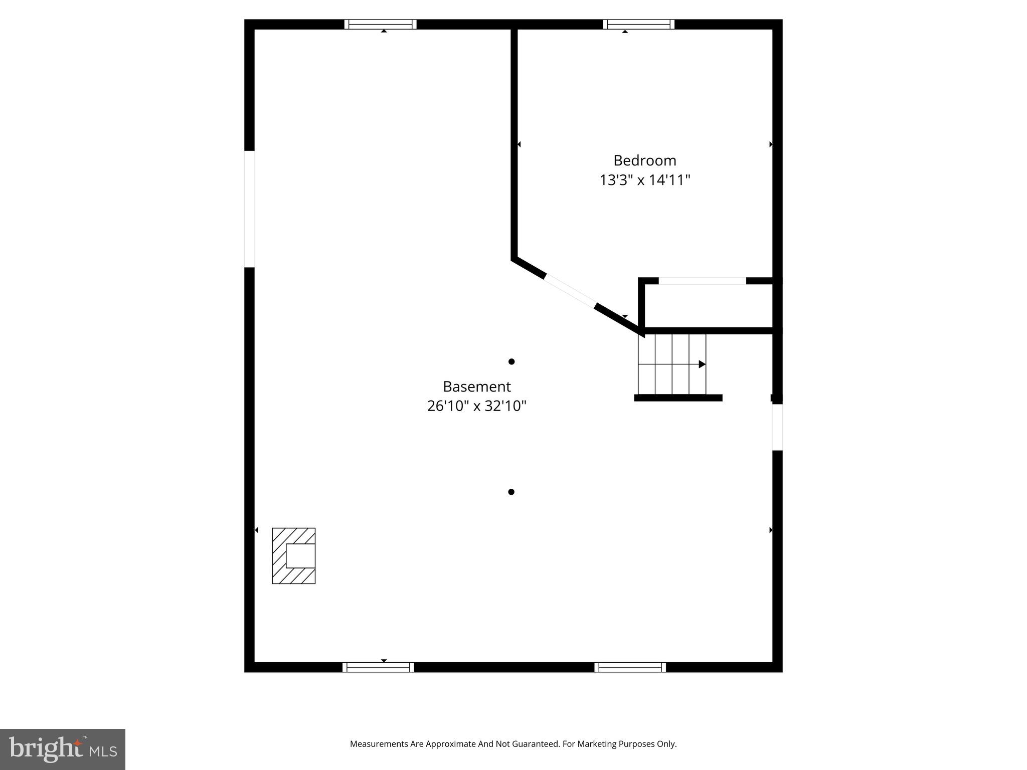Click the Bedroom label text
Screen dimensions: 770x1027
[644, 160]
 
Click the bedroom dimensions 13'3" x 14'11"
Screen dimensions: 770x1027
[644, 180]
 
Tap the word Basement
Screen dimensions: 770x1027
[476, 387]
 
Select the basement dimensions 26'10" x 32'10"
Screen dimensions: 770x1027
[476, 406]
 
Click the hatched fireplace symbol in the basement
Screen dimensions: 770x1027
[293, 555]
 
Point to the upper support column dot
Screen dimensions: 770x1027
[511, 361]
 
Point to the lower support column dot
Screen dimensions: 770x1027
[511, 492]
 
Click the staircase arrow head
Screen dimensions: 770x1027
[702, 364]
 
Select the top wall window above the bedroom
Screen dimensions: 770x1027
[638, 24]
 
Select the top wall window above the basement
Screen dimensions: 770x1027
[380, 24]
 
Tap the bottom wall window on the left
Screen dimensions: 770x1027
[378, 667]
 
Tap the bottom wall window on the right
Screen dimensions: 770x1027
[630, 667]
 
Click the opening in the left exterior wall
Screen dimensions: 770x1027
[249, 209]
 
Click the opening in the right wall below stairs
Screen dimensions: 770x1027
[777, 427]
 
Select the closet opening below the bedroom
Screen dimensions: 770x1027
[702, 281]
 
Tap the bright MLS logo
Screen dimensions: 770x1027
[63, 749]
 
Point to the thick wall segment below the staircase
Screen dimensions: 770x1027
[678, 398]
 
